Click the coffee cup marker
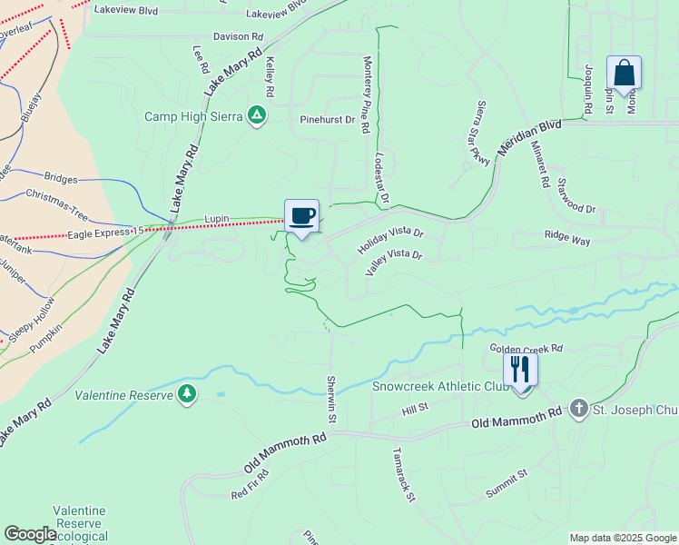point(302,216)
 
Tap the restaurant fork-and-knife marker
point(521,370)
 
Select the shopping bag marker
point(625,73)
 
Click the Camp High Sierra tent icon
point(257,115)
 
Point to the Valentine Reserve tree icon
point(187,393)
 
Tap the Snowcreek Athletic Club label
point(438,384)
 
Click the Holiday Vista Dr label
point(390,241)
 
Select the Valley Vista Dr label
point(394,263)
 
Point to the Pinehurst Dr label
point(328,119)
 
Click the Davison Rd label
point(238,37)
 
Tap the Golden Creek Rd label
point(526,348)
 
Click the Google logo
point(31,534)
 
